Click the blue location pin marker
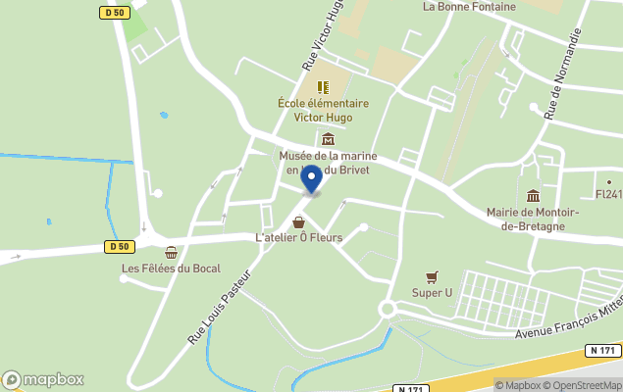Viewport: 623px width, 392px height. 311,178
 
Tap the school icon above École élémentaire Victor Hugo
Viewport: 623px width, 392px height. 323,87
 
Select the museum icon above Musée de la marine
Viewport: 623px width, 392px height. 328,139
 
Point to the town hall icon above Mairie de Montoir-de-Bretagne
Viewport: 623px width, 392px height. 533,195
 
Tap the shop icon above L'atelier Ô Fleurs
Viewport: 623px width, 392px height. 298,222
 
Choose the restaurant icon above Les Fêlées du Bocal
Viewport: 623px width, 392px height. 171,253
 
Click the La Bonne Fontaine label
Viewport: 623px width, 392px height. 469,7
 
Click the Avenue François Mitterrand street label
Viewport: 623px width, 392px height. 569,318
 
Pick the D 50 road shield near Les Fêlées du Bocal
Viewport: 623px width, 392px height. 120,246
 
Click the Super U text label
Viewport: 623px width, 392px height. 432,293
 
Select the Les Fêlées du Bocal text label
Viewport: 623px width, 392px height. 171,269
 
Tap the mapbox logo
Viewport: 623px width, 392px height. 43,379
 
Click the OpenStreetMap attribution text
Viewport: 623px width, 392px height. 586,385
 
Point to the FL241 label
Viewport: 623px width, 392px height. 608,194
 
